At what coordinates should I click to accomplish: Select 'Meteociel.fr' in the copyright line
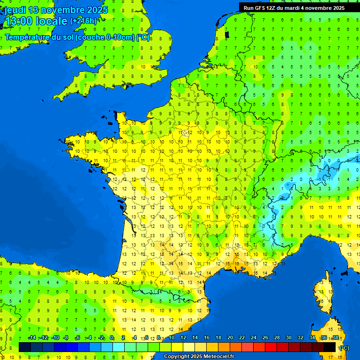pyautogui.click(x=218, y=357)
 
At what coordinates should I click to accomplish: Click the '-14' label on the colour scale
pyautogui.click(x=32, y=338)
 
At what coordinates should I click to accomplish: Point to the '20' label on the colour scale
pyautogui.click(x=230, y=338)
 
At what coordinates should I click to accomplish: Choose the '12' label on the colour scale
pyautogui.click(x=183, y=338)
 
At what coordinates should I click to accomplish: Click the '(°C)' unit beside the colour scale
pyautogui.click(x=344, y=348)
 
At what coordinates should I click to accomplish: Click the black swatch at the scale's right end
pyautogui.click(x=330, y=347)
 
